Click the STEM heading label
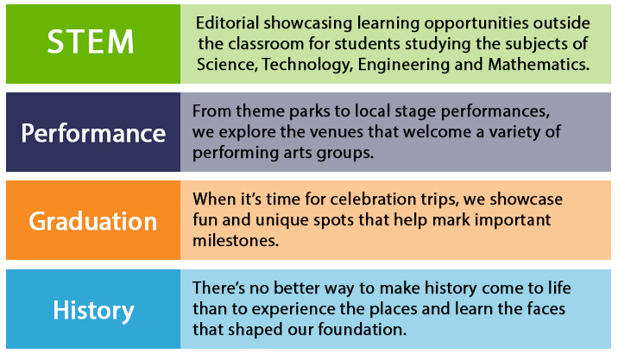[x=91, y=41]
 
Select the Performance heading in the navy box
[x=93, y=133]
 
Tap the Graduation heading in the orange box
[x=93, y=221]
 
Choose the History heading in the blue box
[x=94, y=310]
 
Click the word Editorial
[x=227, y=22]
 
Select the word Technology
[x=307, y=65]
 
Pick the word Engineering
[x=404, y=65]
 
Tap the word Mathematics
[x=539, y=64]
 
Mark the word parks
[x=309, y=111]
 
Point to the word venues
[x=338, y=132]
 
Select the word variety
[x=514, y=132]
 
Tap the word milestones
[x=236, y=241]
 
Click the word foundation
[x=363, y=329]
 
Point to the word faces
[x=545, y=308]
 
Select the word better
[x=297, y=287]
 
